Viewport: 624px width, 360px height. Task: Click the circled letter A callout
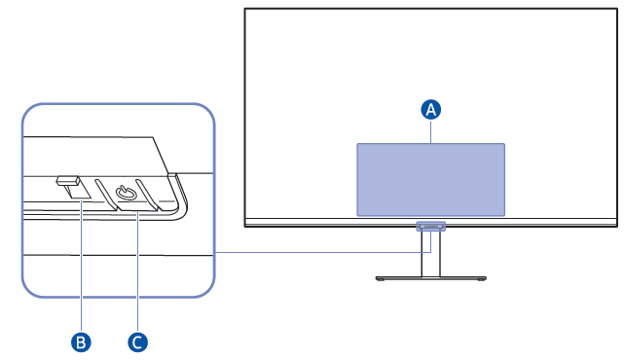tap(431, 110)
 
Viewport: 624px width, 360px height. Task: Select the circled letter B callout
tap(83, 342)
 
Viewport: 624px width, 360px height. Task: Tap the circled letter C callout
tap(138, 342)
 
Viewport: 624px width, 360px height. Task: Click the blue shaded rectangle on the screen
tap(430, 179)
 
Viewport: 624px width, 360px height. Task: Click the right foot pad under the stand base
tap(479, 279)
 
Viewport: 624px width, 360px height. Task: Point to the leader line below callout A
tap(431, 131)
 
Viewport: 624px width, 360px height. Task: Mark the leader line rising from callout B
tap(83, 263)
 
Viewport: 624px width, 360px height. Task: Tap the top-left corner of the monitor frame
tap(245, 10)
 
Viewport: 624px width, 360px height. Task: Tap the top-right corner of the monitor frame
tap(616, 10)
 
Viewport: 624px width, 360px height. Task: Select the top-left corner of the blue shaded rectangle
tap(358, 144)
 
